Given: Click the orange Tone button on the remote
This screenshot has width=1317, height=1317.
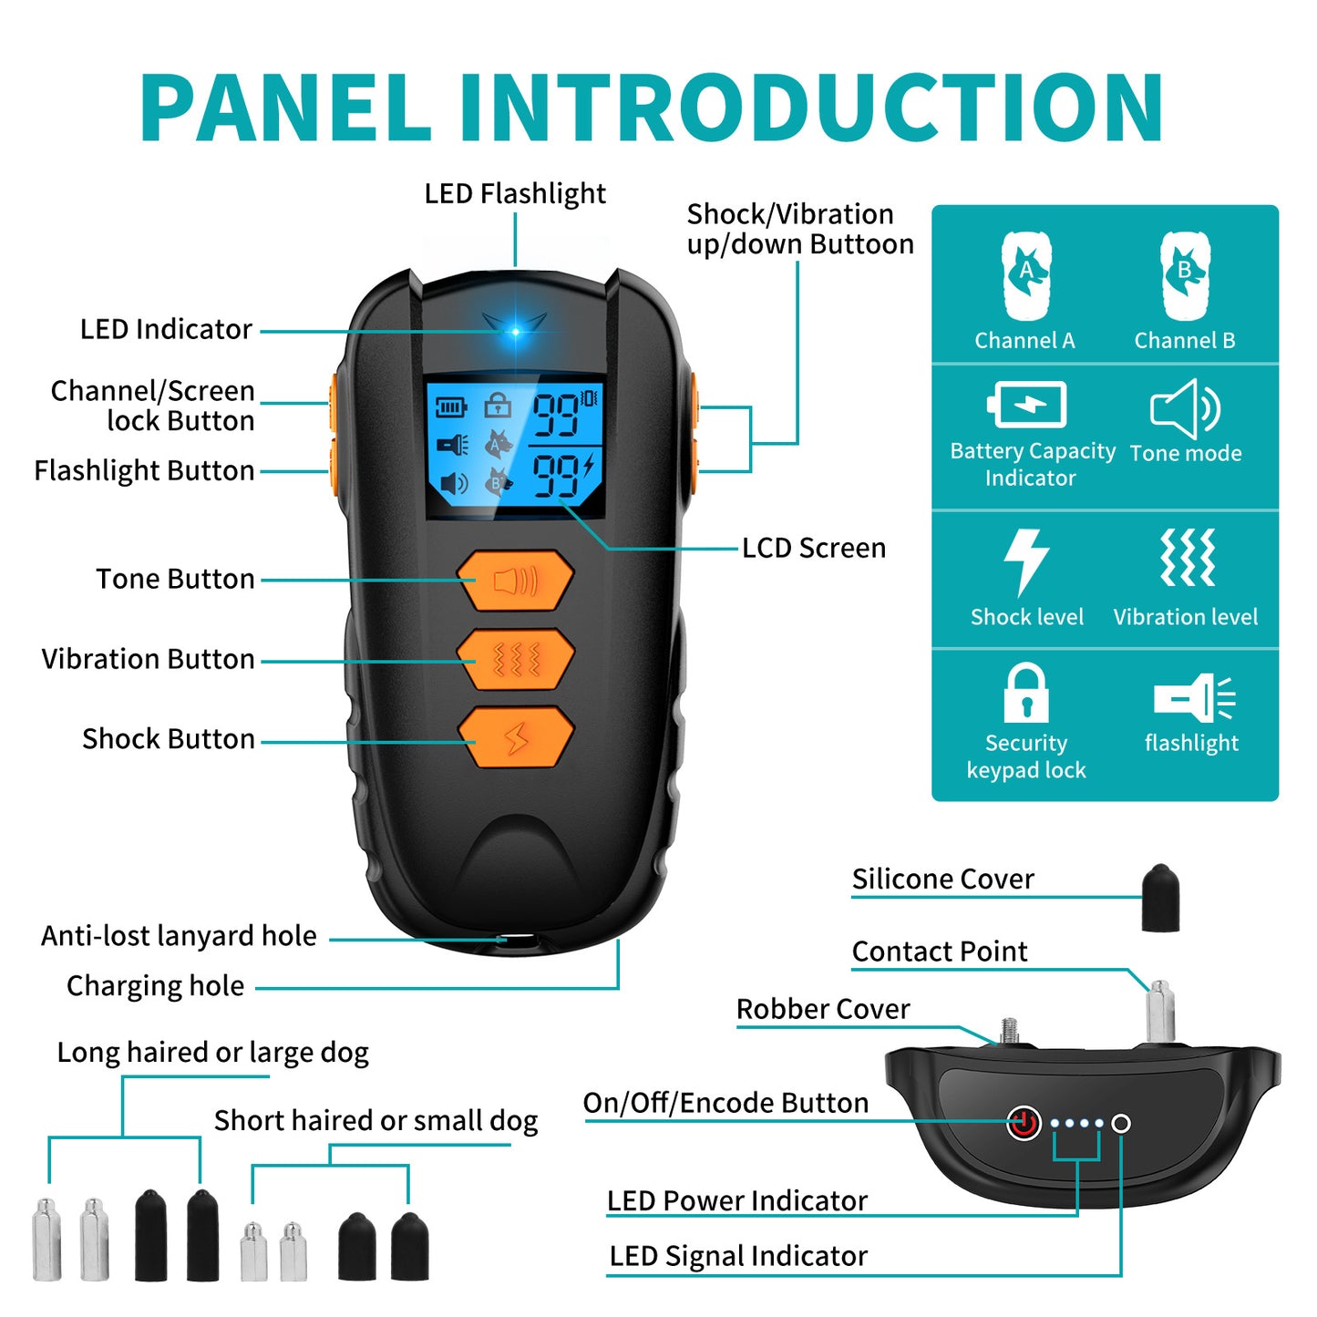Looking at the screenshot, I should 515,580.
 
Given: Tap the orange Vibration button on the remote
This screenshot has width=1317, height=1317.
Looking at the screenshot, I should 515,659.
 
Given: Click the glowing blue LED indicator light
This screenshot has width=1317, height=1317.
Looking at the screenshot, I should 515,331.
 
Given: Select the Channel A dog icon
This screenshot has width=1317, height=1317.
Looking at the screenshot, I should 1026,275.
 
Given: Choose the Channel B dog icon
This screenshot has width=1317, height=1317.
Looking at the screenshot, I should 1185,275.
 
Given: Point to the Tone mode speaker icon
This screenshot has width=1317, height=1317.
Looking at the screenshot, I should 1185,408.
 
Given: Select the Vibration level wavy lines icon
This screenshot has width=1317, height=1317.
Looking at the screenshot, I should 1187,557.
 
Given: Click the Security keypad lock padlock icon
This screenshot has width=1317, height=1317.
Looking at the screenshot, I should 1026,693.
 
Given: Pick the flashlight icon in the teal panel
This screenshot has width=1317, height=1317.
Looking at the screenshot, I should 1193,698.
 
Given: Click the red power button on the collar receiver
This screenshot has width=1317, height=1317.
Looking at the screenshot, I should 1024,1123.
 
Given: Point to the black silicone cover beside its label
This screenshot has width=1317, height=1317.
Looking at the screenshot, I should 1160,898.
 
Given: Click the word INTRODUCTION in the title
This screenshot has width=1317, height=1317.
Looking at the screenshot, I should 811,108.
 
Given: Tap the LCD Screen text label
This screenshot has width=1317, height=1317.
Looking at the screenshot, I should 813,548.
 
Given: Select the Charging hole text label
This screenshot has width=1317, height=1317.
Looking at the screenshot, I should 156,986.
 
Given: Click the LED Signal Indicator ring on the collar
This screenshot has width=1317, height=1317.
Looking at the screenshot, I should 1121,1124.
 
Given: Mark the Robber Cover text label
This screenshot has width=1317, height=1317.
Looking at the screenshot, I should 822,1009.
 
